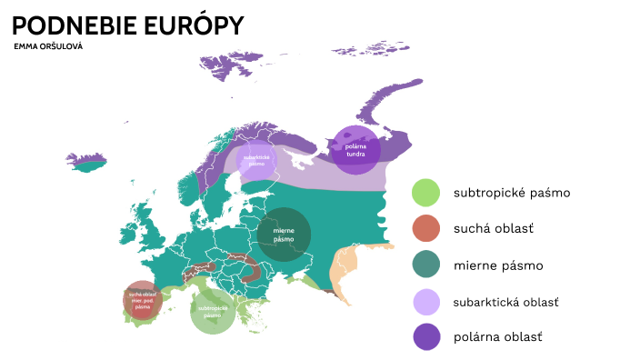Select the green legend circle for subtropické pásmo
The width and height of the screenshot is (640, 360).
pos(425,193)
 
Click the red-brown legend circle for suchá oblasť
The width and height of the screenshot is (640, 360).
pos(425,229)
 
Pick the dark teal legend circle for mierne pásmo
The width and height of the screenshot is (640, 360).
pos(425,265)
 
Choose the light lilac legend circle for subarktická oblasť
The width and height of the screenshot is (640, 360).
pos(425,302)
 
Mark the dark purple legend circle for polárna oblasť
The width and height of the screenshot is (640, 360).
pos(425,337)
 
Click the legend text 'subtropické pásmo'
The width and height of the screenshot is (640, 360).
pos(512,193)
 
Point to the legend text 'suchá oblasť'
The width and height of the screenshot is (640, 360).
pos(494,229)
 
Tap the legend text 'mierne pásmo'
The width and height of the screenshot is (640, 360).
pos(497,265)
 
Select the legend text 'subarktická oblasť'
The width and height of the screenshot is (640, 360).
pos(505,302)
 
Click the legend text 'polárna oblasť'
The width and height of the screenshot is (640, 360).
pos(497,337)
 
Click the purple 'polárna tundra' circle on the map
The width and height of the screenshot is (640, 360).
pos(355,148)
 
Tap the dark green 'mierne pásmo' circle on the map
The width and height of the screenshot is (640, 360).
pos(285,235)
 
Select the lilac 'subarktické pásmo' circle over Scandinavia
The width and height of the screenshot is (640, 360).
pos(256,160)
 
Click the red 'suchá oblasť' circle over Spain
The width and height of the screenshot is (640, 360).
pos(143,301)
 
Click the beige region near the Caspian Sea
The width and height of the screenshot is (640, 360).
pos(344,265)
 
